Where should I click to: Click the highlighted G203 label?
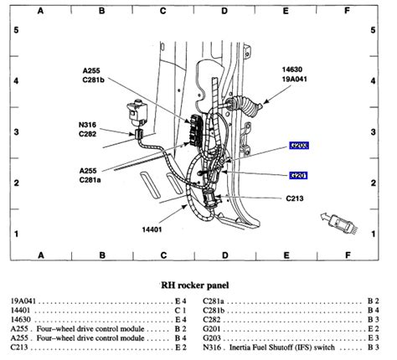299,145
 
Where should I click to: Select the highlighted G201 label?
299,176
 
